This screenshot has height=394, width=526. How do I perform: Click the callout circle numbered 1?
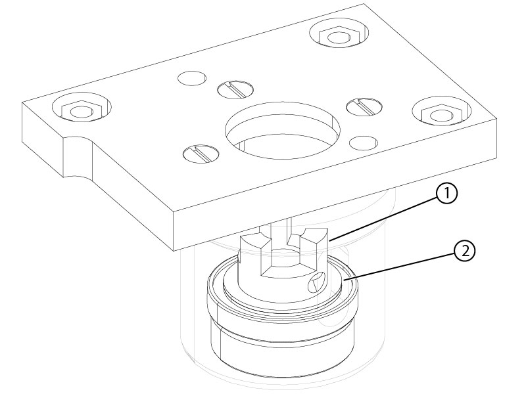pos(446,194)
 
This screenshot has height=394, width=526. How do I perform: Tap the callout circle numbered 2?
pos(465,251)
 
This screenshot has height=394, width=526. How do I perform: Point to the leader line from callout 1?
pos(383,219)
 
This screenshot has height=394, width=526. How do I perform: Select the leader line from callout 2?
pos(399,267)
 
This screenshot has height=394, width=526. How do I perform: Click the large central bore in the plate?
pos(283,130)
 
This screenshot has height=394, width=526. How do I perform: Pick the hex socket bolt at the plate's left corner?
pos(82,108)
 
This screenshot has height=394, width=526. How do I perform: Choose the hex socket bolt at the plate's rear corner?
pos(339,35)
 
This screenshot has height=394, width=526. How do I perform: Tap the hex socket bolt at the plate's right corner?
pos(442,113)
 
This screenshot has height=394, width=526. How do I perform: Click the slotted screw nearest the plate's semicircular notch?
pos(201,154)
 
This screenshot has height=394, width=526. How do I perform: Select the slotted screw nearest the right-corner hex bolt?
pos(364,107)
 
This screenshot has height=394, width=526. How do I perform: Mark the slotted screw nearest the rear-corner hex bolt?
pos(235,89)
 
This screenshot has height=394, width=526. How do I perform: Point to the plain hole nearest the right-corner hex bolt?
pos(364,142)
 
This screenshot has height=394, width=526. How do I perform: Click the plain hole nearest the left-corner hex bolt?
pos(191,78)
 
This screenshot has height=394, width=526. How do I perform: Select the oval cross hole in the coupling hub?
pos(316,282)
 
